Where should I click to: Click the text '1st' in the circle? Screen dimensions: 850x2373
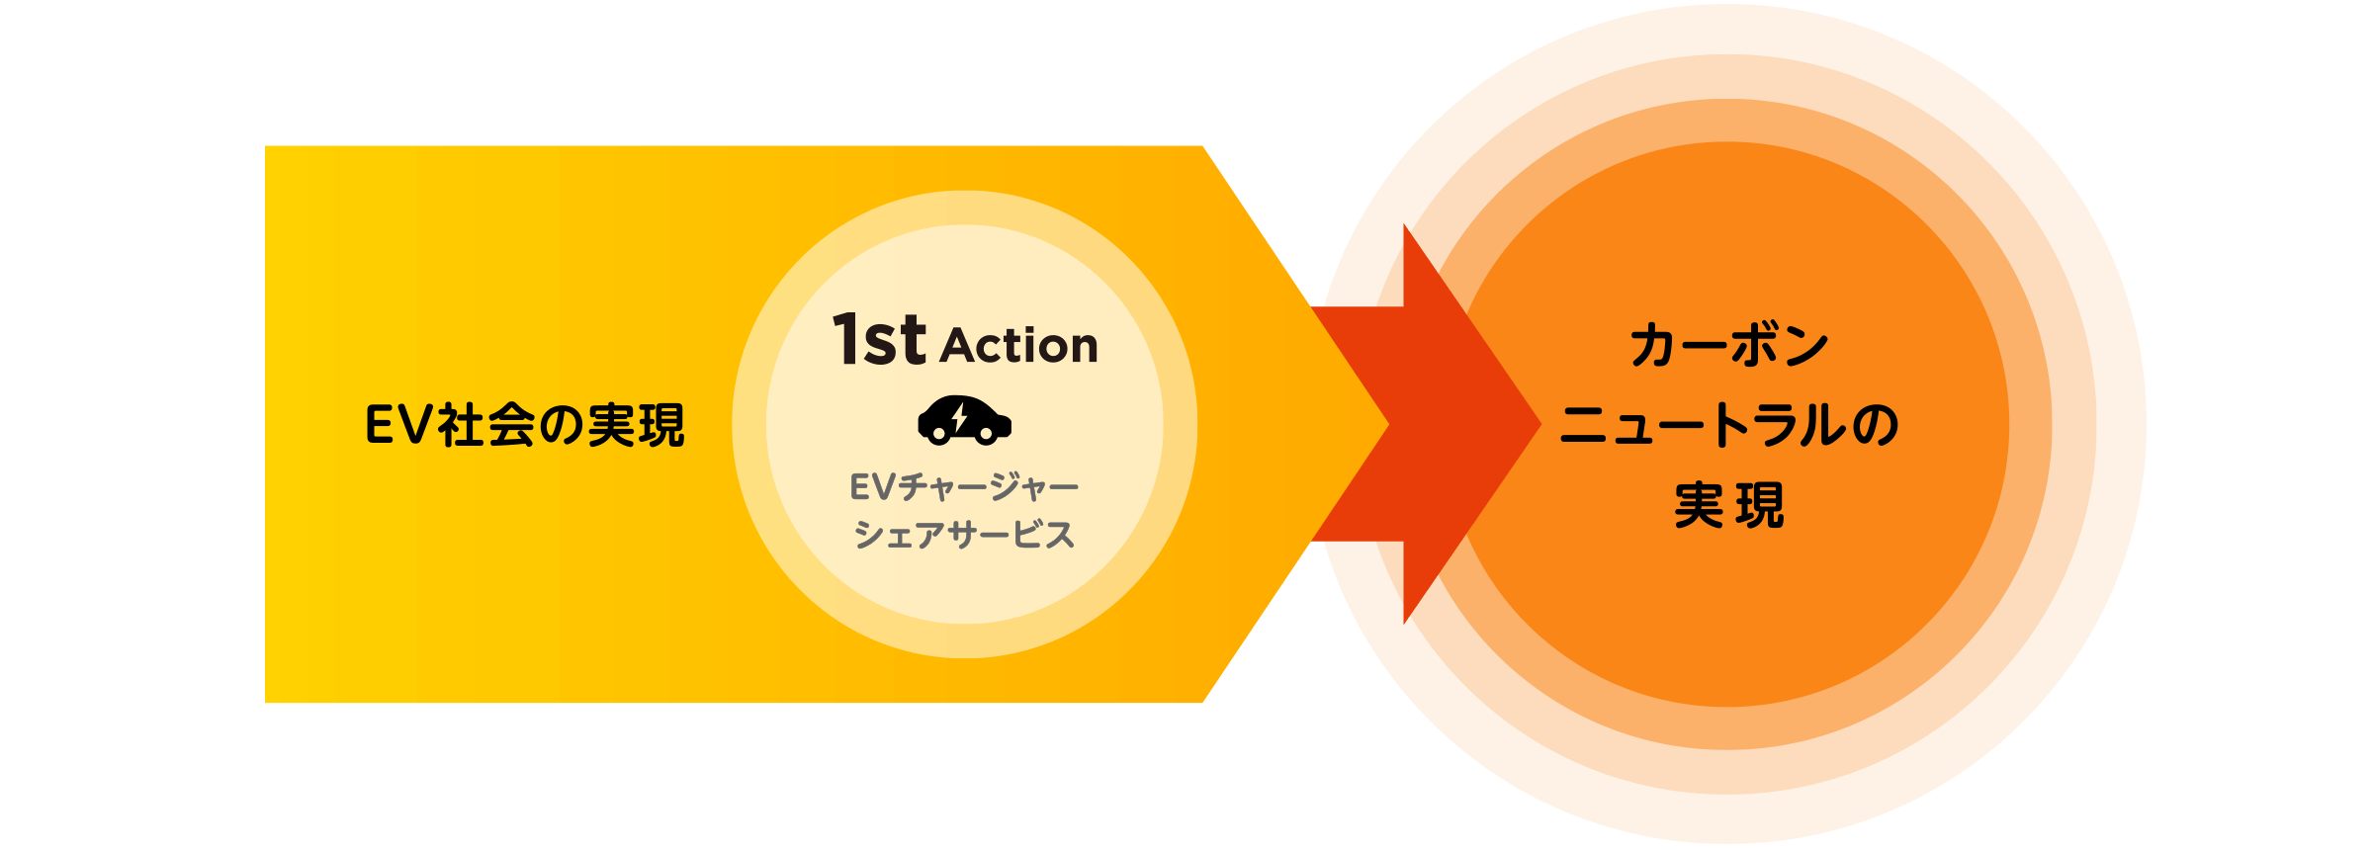878,340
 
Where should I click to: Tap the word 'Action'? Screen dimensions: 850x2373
1019,346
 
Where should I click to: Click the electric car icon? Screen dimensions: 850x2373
964,420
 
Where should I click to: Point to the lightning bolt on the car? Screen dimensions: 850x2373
959,417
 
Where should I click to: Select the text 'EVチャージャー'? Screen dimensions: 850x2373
964,486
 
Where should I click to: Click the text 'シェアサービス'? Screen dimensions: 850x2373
964,535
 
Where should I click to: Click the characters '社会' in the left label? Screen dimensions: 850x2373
485,426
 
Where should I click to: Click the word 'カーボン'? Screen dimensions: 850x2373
1729,346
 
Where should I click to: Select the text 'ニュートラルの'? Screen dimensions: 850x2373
1729,426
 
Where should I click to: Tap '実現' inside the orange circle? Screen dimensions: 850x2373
1729,505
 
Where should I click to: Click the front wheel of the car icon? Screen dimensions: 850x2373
986,433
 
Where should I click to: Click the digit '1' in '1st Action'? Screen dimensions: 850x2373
845,340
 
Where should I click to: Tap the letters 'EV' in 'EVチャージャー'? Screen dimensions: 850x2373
872,486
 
